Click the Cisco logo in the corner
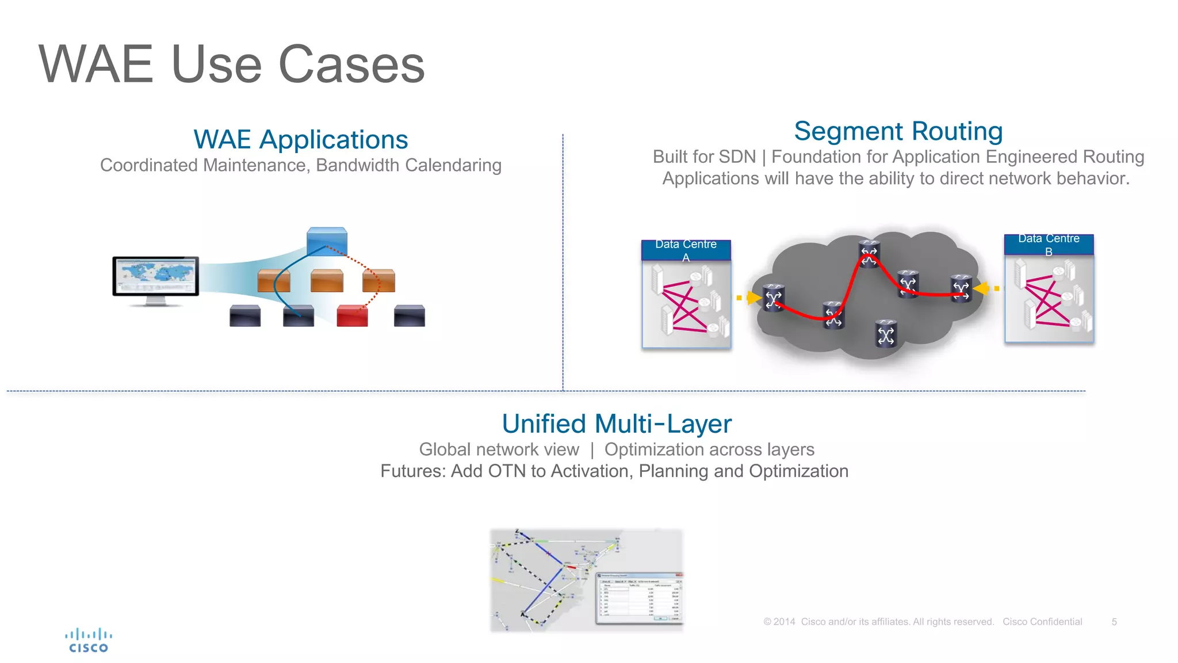pyautogui.click(x=88, y=641)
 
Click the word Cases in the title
pyautogui.click(x=351, y=64)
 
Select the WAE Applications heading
pyautogui.click(x=300, y=140)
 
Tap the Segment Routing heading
pyautogui.click(x=898, y=131)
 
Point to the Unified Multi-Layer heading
pyautogui.click(x=616, y=424)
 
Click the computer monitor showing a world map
pyautogui.click(x=155, y=277)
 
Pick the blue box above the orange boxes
pyautogui.click(x=327, y=241)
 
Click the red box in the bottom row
pyautogui.click(x=352, y=316)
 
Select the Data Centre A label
pyautogui.click(x=686, y=250)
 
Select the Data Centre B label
pyautogui.click(x=1048, y=244)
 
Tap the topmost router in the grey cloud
pyautogui.click(x=869, y=254)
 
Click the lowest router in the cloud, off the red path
pyautogui.click(x=886, y=334)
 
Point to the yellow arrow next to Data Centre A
pyautogui.click(x=753, y=298)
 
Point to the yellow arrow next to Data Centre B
pyautogui.click(x=982, y=288)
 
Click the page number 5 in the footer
pyautogui.click(x=1114, y=622)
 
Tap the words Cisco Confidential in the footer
pyautogui.click(x=1042, y=622)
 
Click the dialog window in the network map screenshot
pyautogui.click(x=638, y=599)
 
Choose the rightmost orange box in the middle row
pyautogui.click(x=378, y=280)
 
